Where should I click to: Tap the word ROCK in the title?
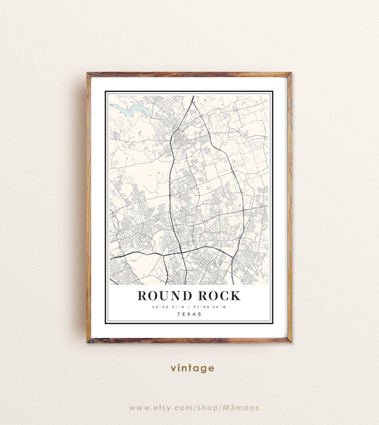pos(220,296)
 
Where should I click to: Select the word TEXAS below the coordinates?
pos(189,314)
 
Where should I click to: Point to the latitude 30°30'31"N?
pos(167,307)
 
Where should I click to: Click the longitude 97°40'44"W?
pos(211,307)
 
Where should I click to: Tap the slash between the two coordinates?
pos(189,307)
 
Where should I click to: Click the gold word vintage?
pos(192,368)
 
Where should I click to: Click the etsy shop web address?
pos(194,408)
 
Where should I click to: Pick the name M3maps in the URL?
pos(245,408)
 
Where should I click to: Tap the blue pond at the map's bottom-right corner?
pos(246,280)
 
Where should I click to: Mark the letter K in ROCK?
pos(235,296)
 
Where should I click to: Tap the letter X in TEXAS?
pos(189,314)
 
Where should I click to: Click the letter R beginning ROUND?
pos(142,296)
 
